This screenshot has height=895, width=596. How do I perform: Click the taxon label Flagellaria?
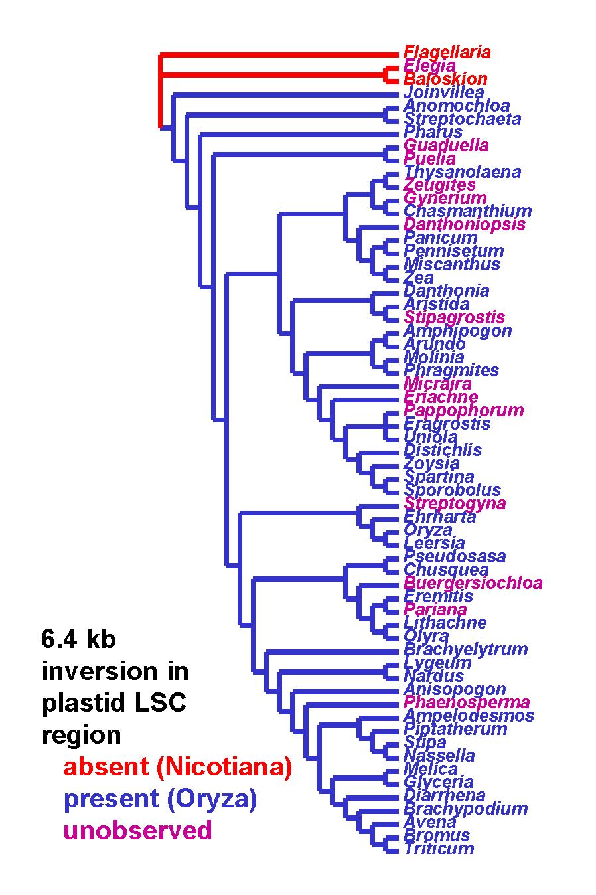[x=447, y=52]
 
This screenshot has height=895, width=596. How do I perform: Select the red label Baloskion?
[x=445, y=79]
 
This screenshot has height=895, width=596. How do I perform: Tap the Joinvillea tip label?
[x=444, y=92]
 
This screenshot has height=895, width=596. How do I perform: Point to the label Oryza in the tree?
[x=428, y=530]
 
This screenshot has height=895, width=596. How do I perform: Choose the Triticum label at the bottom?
[x=439, y=849]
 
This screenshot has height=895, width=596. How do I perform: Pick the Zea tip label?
[x=418, y=278]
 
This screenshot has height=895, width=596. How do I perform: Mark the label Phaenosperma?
[x=467, y=702]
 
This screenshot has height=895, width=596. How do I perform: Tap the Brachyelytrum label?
[x=466, y=649]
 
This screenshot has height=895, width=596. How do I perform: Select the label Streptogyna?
[x=455, y=503]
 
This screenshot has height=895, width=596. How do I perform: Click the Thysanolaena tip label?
[x=462, y=172]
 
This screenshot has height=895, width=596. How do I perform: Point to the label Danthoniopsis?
[x=464, y=224]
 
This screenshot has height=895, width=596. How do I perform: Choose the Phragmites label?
[x=451, y=370]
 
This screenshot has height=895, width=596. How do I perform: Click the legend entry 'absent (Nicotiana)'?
[x=178, y=767]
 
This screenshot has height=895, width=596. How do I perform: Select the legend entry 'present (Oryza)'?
[x=160, y=799]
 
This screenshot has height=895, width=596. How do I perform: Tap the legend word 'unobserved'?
[x=137, y=829]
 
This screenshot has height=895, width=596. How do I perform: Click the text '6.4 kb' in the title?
[x=78, y=639]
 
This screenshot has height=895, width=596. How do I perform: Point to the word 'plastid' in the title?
[x=85, y=703]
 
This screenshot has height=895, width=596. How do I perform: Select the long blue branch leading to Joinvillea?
[x=285, y=95]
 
